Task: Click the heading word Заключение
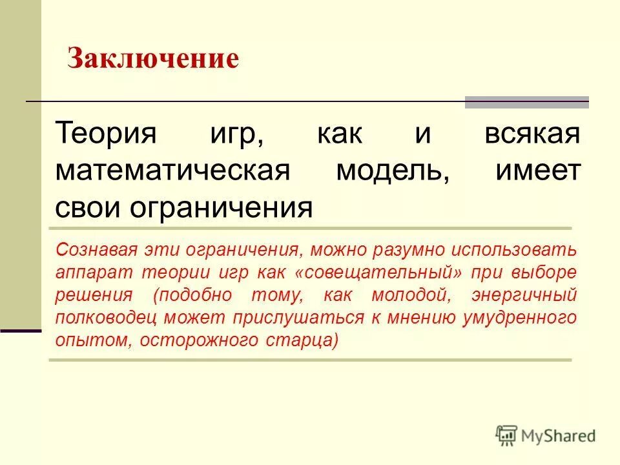point(154,59)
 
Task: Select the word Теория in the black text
point(107,135)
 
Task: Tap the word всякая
point(532,135)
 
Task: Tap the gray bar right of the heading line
point(527,102)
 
